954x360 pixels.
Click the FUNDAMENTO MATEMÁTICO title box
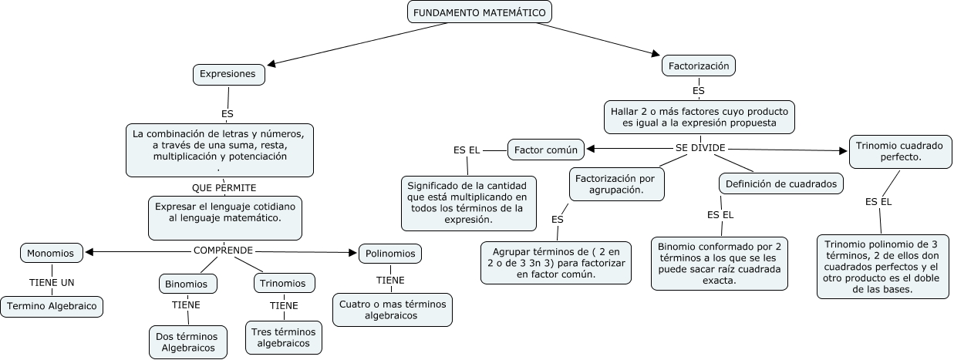pos(479,12)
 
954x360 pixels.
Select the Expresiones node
pos(228,74)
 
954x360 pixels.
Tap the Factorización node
pos(698,66)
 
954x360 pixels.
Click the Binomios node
pos(187,284)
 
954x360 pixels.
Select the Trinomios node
pos(283,283)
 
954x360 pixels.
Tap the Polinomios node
pos(390,253)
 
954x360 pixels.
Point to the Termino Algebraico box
pos(52,306)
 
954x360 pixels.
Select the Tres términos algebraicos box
pos(283,338)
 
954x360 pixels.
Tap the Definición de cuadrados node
pos(780,183)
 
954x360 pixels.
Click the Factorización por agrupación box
pos(616,184)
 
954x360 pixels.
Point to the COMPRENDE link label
pos(223,251)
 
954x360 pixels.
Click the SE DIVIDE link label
pos(700,148)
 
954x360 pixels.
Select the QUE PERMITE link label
pos(224,187)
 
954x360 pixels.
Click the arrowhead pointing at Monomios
pos(89,251)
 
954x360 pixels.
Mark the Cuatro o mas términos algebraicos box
pos(393,310)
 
